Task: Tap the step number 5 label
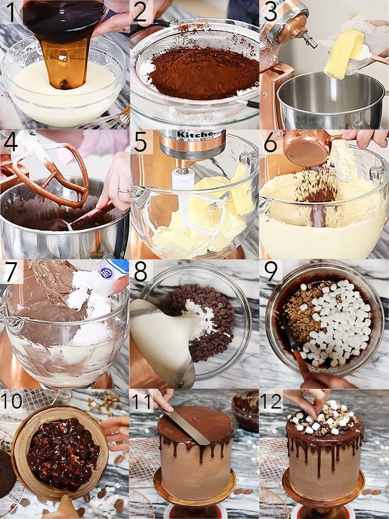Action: click(x=141, y=142)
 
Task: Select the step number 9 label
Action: click(x=270, y=271)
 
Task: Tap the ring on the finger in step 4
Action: click(x=123, y=190)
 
